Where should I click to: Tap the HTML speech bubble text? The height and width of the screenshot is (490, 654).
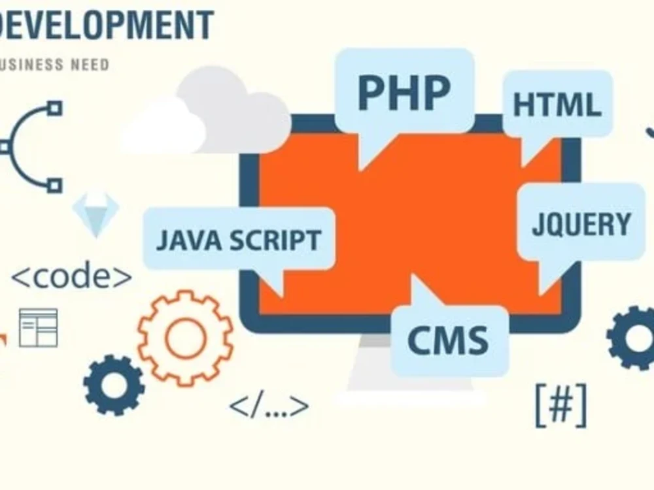pyautogui.click(x=557, y=105)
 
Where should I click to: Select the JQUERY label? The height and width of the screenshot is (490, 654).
pyautogui.click(x=581, y=224)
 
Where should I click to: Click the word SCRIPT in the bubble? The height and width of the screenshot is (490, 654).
pyautogui.click(x=275, y=240)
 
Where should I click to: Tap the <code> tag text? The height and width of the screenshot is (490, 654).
pyautogui.click(x=72, y=276)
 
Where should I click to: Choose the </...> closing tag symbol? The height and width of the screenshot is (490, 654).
pyautogui.click(x=268, y=406)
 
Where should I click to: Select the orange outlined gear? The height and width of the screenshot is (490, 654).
pyautogui.click(x=185, y=337)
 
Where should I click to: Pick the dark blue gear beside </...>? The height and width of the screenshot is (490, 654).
pyautogui.click(x=114, y=385)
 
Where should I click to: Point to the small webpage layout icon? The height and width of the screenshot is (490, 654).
pyautogui.click(x=38, y=327)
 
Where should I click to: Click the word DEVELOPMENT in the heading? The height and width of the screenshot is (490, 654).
pyautogui.click(x=105, y=25)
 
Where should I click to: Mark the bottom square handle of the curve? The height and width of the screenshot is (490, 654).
pyautogui.click(x=56, y=185)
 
